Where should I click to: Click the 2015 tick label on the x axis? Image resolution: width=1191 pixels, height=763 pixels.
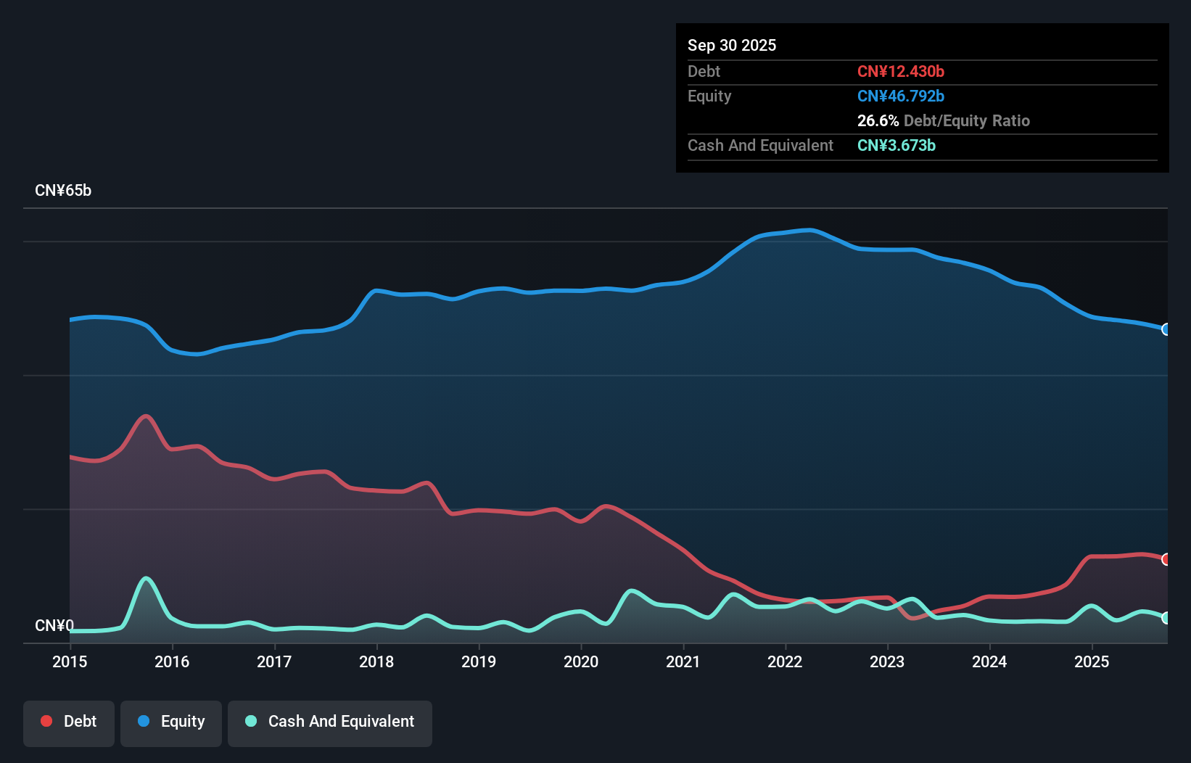click(x=70, y=661)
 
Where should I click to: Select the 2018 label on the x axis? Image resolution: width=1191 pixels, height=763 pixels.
click(x=376, y=661)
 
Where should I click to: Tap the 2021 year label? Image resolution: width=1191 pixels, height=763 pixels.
click(x=683, y=661)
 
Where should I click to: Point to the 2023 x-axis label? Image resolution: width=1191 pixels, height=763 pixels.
click(x=887, y=661)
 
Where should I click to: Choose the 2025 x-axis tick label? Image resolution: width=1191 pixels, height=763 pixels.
click(x=1092, y=661)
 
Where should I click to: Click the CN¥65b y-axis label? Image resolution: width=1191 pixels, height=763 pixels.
click(x=63, y=191)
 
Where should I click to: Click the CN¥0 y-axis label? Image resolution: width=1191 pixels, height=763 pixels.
click(x=54, y=625)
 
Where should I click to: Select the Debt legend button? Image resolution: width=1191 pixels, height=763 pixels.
click(x=69, y=722)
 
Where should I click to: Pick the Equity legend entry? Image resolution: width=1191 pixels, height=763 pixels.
click(x=171, y=722)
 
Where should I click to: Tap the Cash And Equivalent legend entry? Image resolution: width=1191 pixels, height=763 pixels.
click(x=330, y=722)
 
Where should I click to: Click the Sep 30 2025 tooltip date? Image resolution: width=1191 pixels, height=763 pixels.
click(x=731, y=45)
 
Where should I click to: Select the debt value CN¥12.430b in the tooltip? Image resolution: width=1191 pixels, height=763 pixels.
click(x=900, y=71)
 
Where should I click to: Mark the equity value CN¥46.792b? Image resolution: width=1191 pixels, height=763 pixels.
click(x=900, y=96)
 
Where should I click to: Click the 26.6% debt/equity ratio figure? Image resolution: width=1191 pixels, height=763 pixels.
click(x=878, y=120)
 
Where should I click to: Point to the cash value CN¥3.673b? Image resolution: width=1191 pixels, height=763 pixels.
click(x=896, y=145)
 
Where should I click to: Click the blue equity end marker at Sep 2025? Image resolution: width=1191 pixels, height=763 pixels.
click(x=1166, y=329)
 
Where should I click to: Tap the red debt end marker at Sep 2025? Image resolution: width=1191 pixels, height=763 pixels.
click(x=1166, y=559)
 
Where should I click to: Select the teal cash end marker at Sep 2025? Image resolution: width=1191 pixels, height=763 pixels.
click(x=1166, y=618)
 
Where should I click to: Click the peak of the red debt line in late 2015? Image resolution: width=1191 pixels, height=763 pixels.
click(x=147, y=416)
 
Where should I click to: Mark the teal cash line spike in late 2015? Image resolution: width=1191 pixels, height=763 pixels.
click(x=147, y=579)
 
